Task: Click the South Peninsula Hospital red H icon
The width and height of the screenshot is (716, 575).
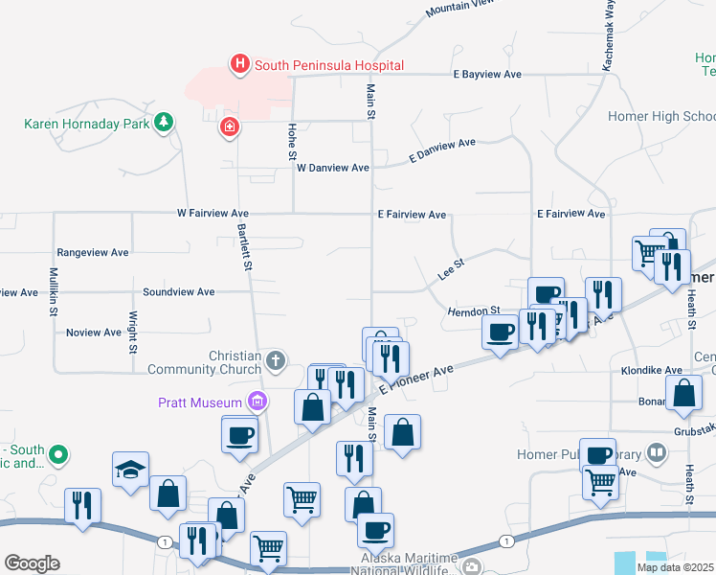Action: point(239,64)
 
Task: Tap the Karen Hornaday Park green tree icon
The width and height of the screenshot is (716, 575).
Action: point(165,123)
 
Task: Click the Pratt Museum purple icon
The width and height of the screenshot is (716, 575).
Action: point(255,402)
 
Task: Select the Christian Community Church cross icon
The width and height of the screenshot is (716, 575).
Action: point(275,360)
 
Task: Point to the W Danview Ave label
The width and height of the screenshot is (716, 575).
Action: point(332,168)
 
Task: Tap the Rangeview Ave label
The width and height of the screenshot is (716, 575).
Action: point(93,253)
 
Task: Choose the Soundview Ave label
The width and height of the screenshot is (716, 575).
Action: point(178,291)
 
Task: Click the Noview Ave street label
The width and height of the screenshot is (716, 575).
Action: point(94,333)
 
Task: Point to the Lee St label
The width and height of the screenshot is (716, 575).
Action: point(450,268)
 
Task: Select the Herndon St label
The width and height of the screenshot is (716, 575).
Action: point(474,311)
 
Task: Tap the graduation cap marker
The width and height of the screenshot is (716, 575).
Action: point(130,470)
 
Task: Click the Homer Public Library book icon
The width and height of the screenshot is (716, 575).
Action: point(656,450)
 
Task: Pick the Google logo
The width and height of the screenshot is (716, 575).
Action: point(32,563)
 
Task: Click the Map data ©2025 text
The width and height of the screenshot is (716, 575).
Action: point(675,567)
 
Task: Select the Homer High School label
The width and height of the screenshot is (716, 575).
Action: point(661,117)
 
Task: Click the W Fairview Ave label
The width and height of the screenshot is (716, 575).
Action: point(212,214)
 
